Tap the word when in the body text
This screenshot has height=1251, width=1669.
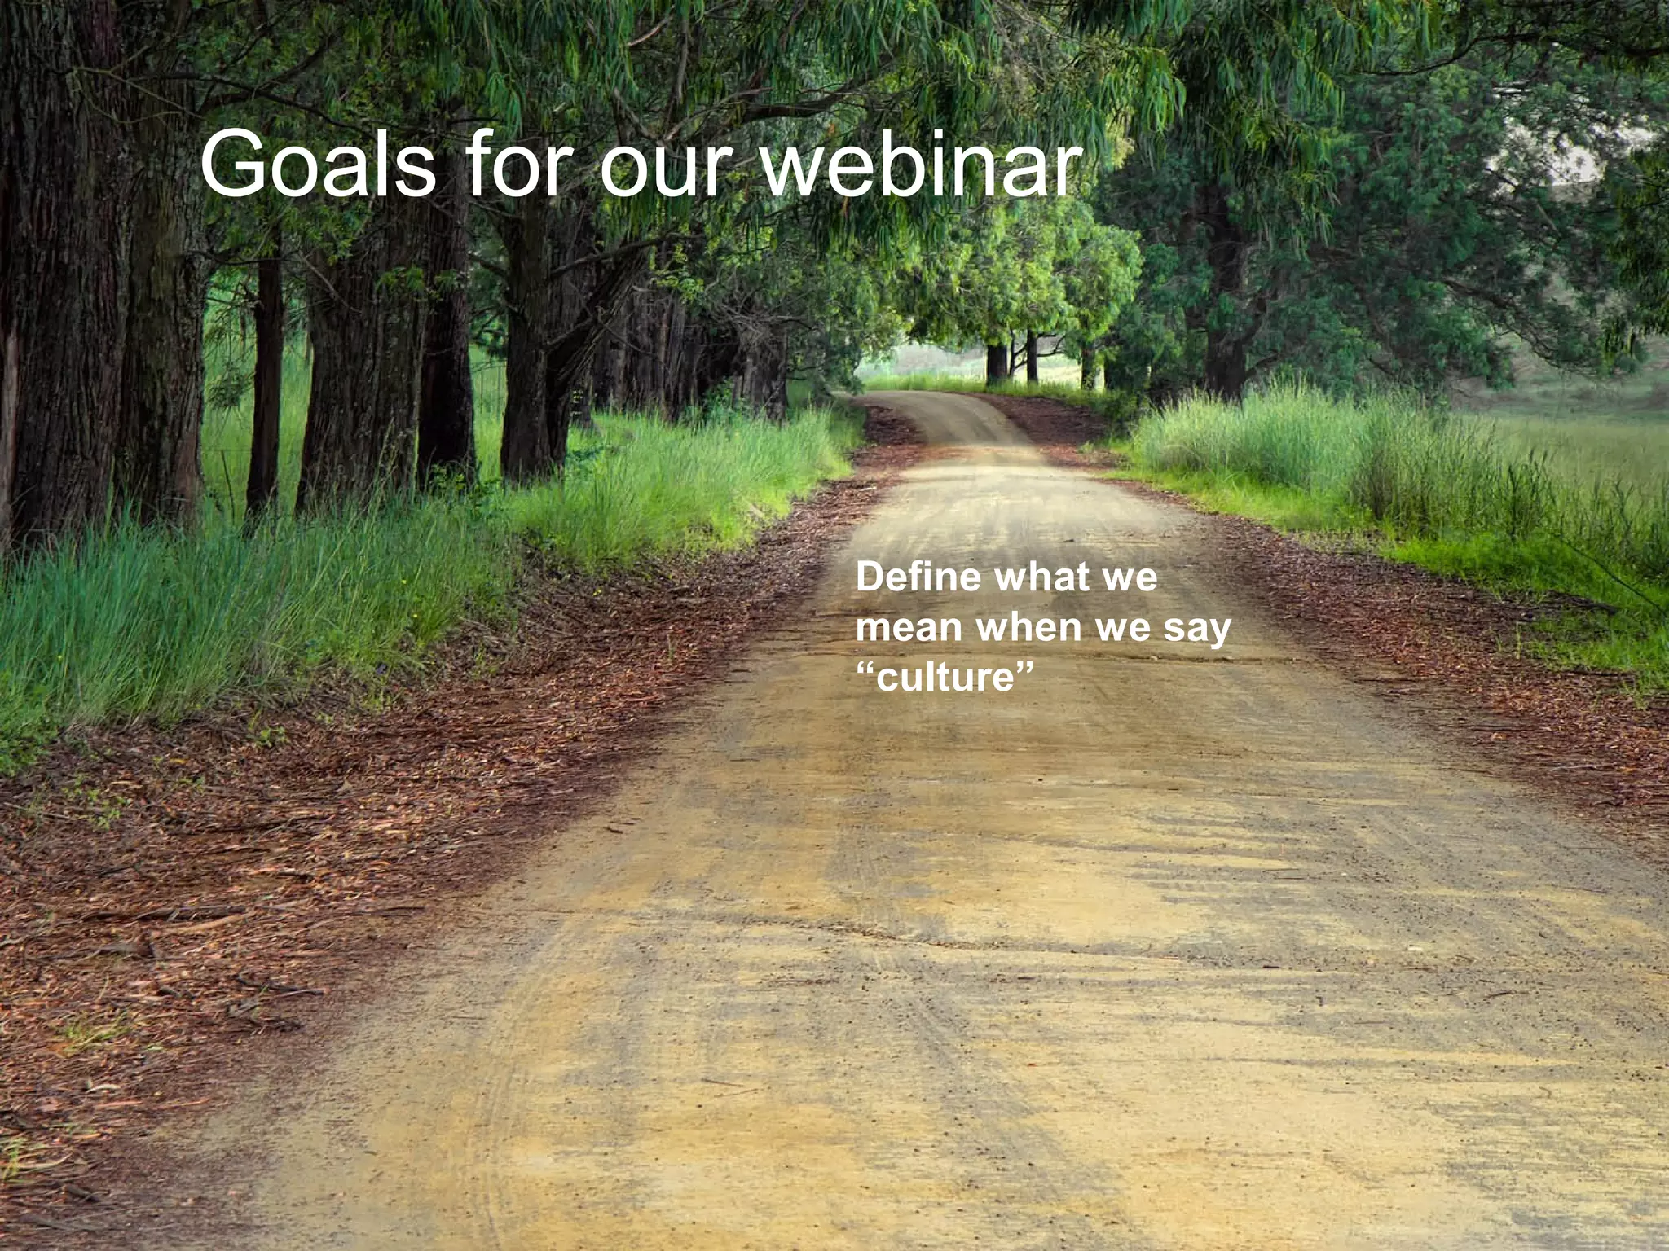pyautogui.click(x=1028, y=627)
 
